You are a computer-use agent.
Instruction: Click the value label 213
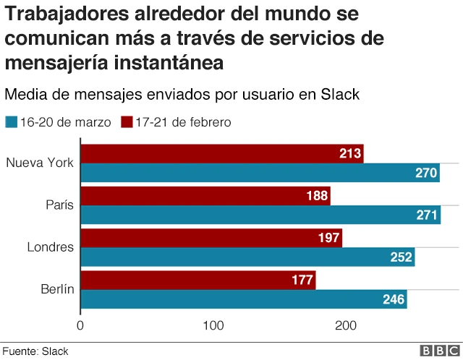[x=350, y=153]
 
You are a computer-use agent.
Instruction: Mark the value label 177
[x=302, y=280]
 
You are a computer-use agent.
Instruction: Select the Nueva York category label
[x=40, y=163]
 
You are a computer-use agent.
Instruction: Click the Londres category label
[x=51, y=247]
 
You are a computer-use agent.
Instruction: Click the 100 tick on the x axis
[x=213, y=326]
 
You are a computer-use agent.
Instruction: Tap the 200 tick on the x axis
[x=347, y=326]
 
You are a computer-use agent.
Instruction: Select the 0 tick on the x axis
[x=80, y=326]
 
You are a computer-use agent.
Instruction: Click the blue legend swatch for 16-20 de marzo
[x=11, y=122]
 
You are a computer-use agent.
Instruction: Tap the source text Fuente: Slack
[x=35, y=351]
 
